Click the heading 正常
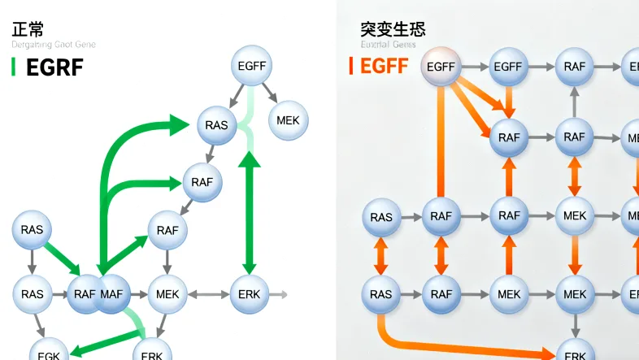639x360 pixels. click(x=28, y=29)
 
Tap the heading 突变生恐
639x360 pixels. click(x=393, y=29)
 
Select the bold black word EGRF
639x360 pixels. click(x=54, y=67)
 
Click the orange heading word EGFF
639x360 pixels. click(x=385, y=66)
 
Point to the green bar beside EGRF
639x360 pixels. click(x=13, y=67)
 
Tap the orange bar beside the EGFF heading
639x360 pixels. click(x=350, y=66)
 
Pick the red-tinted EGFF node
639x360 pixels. click(x=441, y=67)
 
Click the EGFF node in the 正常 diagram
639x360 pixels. click(x=251, y=67)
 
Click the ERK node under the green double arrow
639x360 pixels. click(x=250, y=293)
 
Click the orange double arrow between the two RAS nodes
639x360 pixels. click(x=380, y=256)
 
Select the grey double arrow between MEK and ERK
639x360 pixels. click(x=209, y=293)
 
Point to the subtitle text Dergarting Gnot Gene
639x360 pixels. click(x=54, y=45)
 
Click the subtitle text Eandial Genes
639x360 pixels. click(x=388, y=45)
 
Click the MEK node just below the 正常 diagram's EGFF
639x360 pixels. click(x=288, y=120)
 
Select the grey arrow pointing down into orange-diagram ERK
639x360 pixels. click(x=575, y=325)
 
